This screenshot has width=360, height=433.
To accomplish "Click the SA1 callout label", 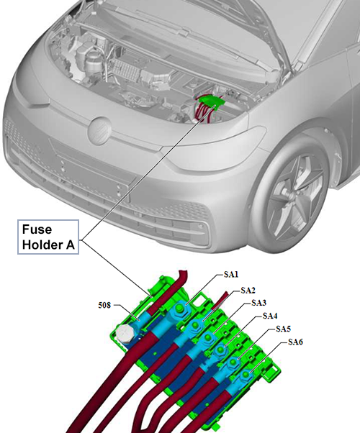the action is click(x=230, y=274).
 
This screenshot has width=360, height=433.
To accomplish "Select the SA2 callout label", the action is click(x=248, y=291).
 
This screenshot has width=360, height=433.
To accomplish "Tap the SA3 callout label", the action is click(x=258, y=303).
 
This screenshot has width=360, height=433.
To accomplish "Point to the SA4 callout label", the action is click(x=270, y=316).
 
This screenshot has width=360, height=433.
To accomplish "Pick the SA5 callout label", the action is click(x=283, y=329).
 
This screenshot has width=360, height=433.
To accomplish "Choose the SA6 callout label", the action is click(x=295, y=342).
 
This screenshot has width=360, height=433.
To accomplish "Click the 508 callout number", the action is click(x=104, y=305).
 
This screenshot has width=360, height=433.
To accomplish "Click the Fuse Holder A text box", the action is click(x=48, y=237).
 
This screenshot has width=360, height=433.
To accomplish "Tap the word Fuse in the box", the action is click(x=37, y=229).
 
